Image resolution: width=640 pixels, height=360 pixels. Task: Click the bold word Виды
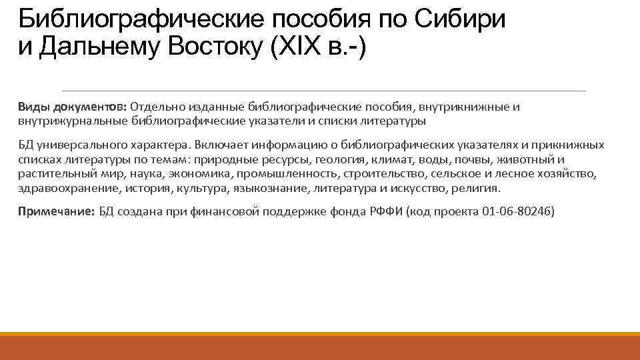tap(32, 107)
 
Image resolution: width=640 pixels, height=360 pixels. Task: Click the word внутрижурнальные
tap(73, 121)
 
